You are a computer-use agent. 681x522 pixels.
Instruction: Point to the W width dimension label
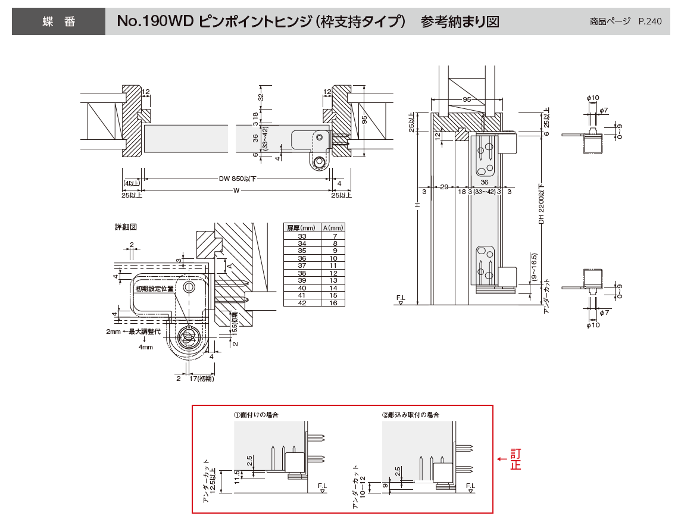(x=236, y=190)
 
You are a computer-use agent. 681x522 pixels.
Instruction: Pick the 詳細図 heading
(x=126, y=227)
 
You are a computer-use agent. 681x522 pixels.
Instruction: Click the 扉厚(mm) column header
(x=301, y=227)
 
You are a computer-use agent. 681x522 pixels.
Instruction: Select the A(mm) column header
(x=333, y=227)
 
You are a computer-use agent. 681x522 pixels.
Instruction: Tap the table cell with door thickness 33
(x=301, y=236)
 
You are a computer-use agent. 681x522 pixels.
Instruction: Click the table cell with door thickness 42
(x=301, y=303)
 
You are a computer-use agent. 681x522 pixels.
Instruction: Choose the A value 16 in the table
(x=333, y=303)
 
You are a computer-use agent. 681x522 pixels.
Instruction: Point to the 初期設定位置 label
(x=154, y=289)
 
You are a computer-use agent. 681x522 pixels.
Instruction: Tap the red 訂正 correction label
(x=515, y=459)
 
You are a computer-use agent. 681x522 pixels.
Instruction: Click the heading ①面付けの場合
(x=256, y=414)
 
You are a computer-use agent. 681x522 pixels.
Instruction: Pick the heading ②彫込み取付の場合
(x=410, y=414)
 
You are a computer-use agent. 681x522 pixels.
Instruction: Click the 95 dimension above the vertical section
(x=467, y=99)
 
